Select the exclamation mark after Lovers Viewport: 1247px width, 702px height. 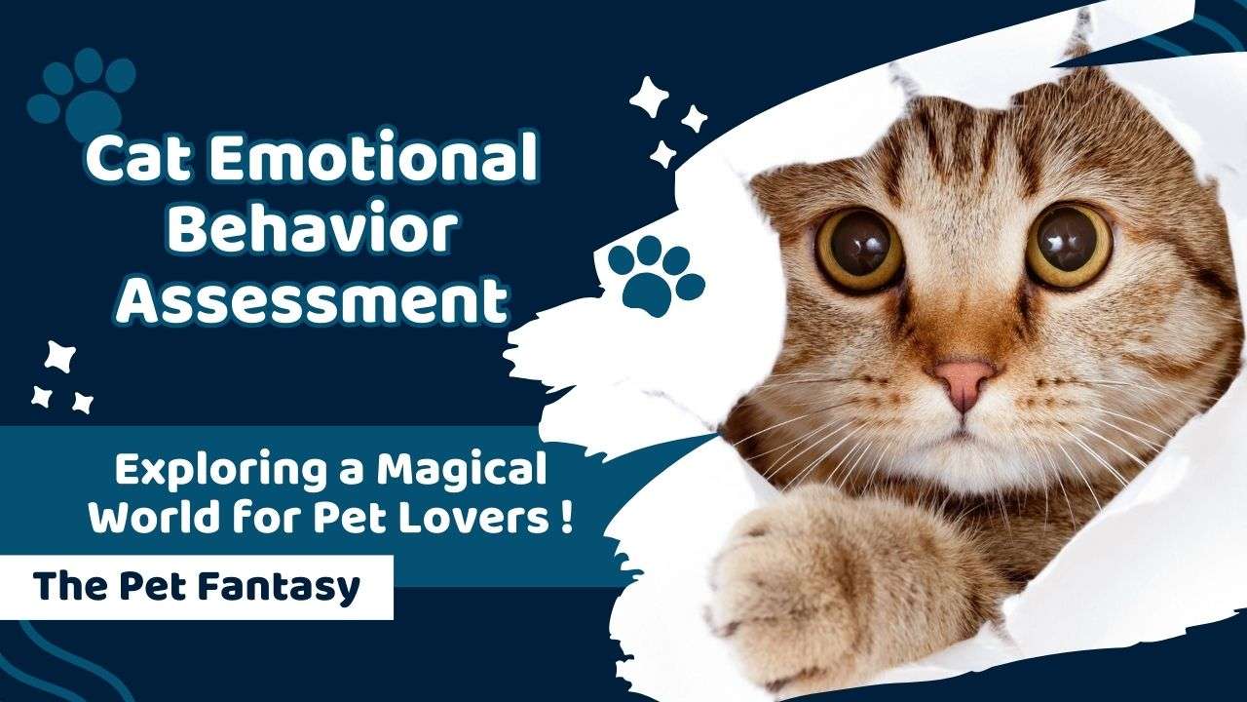[566, 516]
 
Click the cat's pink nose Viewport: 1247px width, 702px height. [964, 380]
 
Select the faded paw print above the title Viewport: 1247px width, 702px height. [84, 96]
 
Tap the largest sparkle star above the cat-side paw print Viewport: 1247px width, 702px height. [649, 97]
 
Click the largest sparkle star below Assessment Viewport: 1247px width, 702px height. [59, 357]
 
